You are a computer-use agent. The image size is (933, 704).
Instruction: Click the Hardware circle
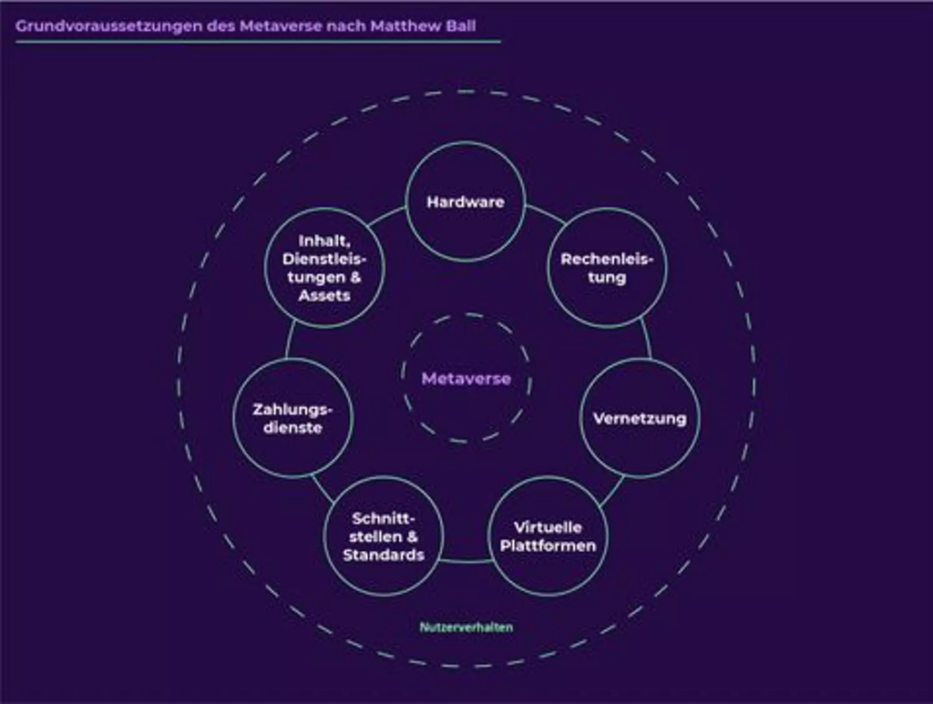tap(466, 201)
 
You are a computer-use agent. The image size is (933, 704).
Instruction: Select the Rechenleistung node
tap(607, 268)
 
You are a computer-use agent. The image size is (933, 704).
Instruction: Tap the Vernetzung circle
tap(640, 418)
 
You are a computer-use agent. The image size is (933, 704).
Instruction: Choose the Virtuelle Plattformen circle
tap(548, 536)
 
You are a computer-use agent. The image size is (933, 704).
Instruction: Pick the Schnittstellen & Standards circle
tap(384, 536)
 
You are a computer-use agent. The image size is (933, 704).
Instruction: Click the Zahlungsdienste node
tap(292, 418)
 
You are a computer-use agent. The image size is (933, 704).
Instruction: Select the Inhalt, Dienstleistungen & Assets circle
tap(324, 268)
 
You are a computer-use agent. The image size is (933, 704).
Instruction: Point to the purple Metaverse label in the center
tap(466, 379)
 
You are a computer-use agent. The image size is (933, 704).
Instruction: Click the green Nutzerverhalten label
tap(466, 627)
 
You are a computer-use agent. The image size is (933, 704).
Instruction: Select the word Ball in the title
tap(460, 26)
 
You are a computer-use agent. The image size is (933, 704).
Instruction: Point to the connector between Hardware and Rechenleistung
tap(546, 215)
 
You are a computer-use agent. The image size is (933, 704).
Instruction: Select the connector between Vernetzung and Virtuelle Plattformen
tap(612, 491)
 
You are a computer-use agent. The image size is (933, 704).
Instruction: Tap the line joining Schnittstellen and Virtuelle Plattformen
tap(466, 561)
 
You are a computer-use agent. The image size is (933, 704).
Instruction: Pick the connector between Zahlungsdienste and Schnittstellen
tap(323, 490)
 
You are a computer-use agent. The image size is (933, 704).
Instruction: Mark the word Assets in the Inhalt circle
tap(324, 295)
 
